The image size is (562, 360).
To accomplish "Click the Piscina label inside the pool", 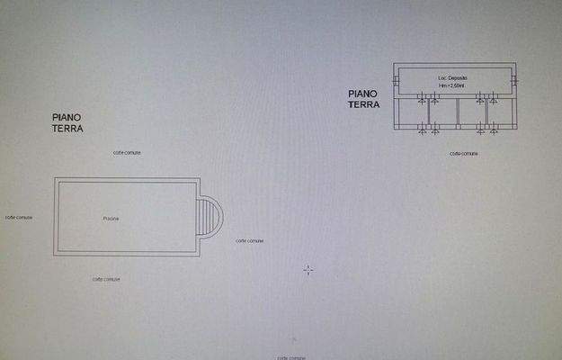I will click(x=111, y=219).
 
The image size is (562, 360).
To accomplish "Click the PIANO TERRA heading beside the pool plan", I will click(x=68, y=123).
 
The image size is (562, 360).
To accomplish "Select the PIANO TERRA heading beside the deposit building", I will click(x=364, y=98).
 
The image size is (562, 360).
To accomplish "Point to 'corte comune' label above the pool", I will click(x=127, y=153).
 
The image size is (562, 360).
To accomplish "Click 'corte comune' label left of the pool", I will click(x=19, y=217).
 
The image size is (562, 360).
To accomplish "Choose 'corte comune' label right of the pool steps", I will click(x=250, y=241).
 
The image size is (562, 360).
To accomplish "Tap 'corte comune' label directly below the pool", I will click(x=106, y=279).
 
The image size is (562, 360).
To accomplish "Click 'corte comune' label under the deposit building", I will click(x=464, y=154).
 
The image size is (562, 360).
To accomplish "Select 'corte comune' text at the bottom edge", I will click(x=295, y=357).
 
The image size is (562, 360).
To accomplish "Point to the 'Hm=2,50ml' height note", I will click(x=453, y=86).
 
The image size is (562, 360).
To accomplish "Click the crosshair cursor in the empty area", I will click(x=308, y=269).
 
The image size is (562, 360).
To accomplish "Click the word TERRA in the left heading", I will click(x=68, y=129).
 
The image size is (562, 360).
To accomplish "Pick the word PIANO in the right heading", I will click(x=362, y=93).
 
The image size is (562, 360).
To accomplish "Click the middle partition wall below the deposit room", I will click(x=457, y=112).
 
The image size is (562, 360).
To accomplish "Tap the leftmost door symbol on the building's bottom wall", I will click(x=424, y=132).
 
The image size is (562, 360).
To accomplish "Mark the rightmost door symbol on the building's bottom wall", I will click(x=493, y=132).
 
